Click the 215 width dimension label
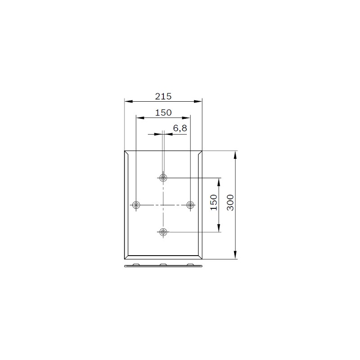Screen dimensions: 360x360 (x=163, y=96)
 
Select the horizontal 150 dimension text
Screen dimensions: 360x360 (x=163, y=112)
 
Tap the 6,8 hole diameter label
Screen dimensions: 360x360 (x=180, y=128)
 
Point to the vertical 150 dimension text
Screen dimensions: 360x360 (x=214, y=202)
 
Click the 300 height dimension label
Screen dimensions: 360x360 (x=230, y=202)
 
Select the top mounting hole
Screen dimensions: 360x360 (x=163, y=178)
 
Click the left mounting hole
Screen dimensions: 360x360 (x=136, y=205)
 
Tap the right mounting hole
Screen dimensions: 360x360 (x=190, y=205)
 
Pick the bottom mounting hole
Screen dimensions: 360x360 (x=163, y=232)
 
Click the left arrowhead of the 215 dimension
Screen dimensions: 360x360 (x=129, y=101)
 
